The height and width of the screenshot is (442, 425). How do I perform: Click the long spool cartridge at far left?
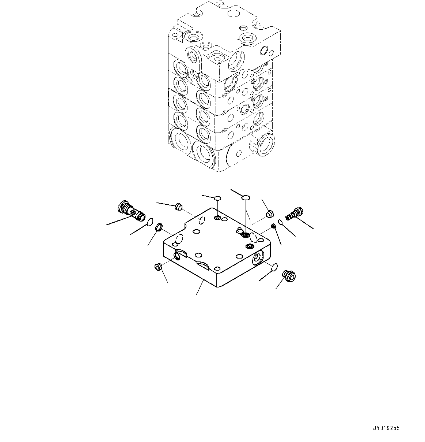(130, 211)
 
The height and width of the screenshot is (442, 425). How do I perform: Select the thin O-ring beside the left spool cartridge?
(150, 222)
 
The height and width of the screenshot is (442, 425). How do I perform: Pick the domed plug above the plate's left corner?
(179, 207)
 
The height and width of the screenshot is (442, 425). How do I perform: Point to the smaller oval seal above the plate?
(217, 198)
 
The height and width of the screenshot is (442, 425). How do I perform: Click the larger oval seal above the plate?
(246, 198)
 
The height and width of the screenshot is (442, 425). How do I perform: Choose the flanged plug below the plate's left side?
(159, 267)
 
